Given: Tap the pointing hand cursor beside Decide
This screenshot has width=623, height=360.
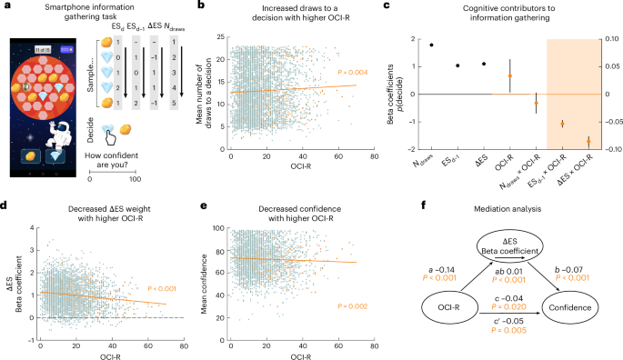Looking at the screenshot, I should click(x=108, y=136).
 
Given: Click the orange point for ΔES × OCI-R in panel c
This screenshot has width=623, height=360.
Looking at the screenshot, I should click(x=588, y=141).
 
